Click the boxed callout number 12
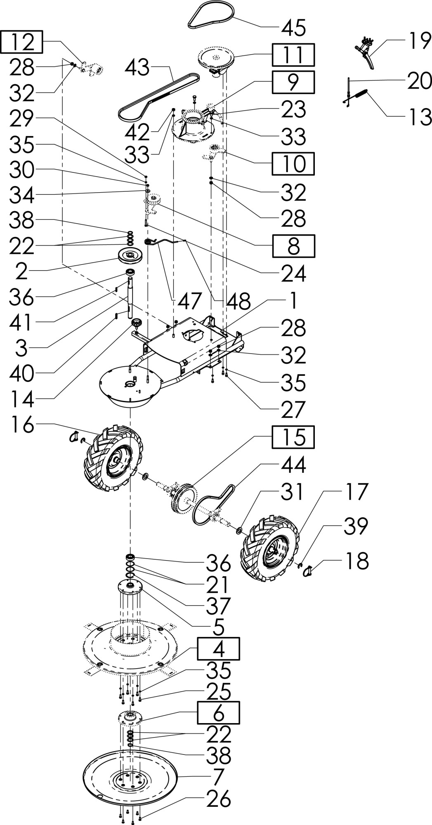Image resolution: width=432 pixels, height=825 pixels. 22,42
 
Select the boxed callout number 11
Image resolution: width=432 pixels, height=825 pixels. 293,55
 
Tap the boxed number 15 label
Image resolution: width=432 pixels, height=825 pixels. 293,437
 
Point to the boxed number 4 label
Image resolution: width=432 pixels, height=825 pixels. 218,648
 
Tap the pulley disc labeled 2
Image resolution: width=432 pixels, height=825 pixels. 131,257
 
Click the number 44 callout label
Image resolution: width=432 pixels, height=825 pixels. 293,465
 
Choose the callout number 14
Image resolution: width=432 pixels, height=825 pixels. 21,399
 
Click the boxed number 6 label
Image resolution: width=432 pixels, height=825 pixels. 218,712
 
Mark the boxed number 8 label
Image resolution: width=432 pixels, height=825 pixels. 293,246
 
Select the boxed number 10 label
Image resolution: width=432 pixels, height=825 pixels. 293,163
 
